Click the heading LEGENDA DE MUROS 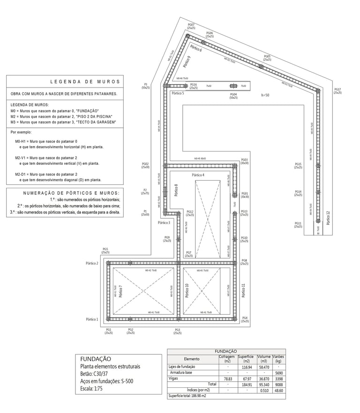pyautogui.click(x=85, y=81)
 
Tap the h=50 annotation pyautogui.click(x=266, y=95)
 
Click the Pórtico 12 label pyautogui.click(x=328, y=218)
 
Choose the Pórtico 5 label pyautogui.click(x=178, y=94)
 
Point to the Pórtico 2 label pyautogui.click(x=92, y=263)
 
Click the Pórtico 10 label pyautogui.click(x=187, y=291)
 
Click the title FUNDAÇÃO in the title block pyautogui.click(x=96, y=359)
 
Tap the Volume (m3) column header pyautogui.click(x=264, y=358)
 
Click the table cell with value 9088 pyautogui.click(x=278, y=383)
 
